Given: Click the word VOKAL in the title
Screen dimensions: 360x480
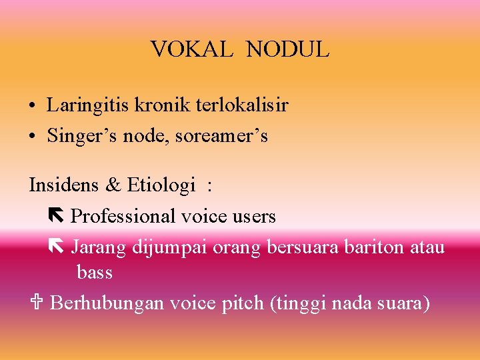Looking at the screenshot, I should [x=191, y=49].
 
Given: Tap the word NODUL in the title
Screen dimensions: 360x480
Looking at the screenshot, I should [x=287, y=49].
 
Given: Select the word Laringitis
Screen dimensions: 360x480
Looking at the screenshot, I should [x=90, y=105].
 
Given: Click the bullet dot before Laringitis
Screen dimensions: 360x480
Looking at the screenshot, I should [x=33, y=107].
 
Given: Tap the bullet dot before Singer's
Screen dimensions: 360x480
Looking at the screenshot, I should [x=33, y=137].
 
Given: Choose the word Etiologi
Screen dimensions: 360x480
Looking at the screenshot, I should [x=161, y=185].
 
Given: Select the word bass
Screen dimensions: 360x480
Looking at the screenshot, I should [x=95, y=273].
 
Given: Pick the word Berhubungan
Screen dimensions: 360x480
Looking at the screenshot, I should [x=107, y=304].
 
